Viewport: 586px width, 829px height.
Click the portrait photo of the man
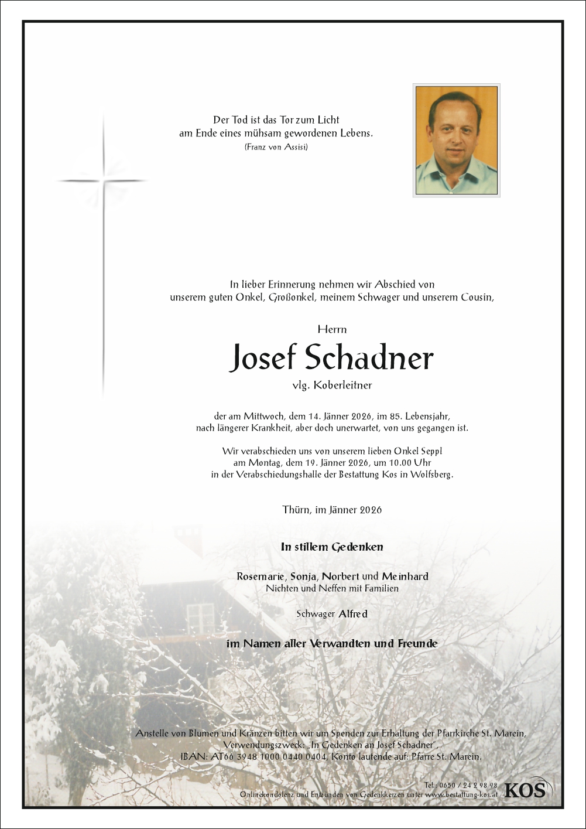coord(457,140)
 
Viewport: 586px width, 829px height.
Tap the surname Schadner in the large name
coord(369,357)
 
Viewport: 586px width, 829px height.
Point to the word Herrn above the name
coord(332,329)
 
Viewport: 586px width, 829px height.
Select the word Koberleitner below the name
coord(343,385)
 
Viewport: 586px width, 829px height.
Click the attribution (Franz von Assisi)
coord(276,147)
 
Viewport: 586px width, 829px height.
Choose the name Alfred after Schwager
coord(353,614)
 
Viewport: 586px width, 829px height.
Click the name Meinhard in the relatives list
coord(405,576)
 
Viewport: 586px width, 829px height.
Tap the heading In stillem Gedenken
coord(332,547)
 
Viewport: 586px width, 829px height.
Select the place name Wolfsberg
coord(431,475)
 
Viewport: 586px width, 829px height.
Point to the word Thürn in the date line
coord(296,510)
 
